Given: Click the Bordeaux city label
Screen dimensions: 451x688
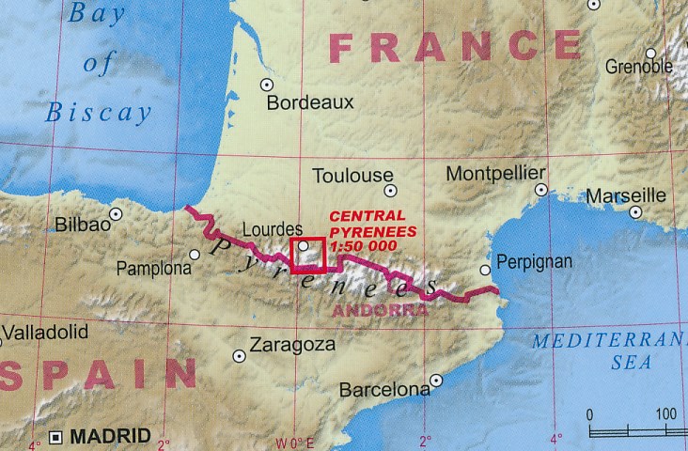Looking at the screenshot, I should [310, 103].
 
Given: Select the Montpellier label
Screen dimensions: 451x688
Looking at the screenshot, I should [495, 174].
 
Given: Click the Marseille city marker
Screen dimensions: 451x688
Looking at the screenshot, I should [636, 212].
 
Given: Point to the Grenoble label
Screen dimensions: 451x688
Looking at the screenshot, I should [639, 67].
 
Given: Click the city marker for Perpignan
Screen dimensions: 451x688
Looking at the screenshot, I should [485, 270].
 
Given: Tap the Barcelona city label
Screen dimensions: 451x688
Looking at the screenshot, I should [384, 389].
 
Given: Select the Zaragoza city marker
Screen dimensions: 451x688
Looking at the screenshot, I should [240, 356].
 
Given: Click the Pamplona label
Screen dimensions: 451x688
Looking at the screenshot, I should [153, 269].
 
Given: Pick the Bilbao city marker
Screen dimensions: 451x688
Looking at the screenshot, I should [116, 214].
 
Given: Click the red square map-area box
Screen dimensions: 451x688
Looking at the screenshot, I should [308, 255].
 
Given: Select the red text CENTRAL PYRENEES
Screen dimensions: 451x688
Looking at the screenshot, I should [367, 223].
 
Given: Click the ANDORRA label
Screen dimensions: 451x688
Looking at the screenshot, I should [381, 309].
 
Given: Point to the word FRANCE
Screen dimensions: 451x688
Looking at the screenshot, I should [455, 46].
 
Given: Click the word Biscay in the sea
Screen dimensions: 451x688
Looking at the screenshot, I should [99, 114].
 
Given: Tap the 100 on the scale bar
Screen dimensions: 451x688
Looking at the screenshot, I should [666, 414].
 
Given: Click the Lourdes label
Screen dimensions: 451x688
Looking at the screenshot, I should [273, 228].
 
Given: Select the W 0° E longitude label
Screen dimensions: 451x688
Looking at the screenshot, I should [294, 442].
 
